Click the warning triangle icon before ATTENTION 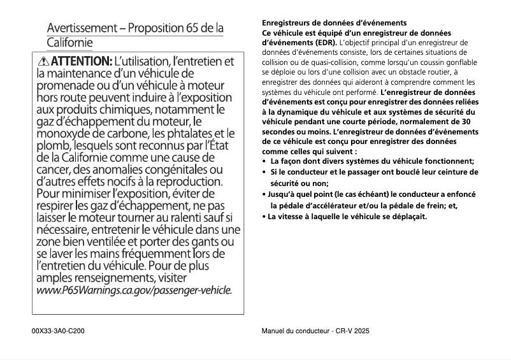point(43,62)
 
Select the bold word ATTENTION point(81,62)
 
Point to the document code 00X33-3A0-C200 point(58,332)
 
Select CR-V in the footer point(342,332)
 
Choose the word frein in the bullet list point(438,205)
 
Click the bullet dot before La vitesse point(264,217)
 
